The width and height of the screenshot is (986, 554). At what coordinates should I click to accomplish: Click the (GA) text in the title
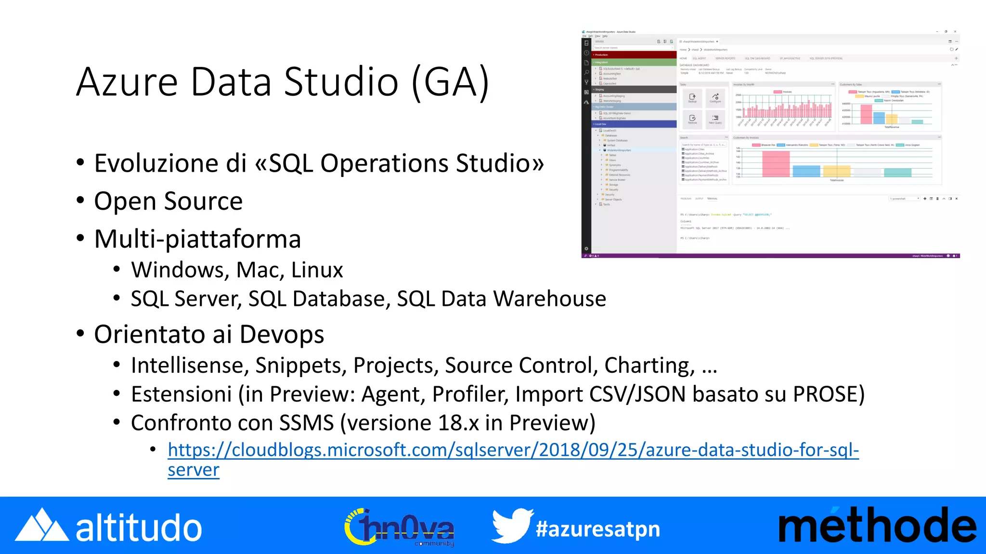(x=451, y=82)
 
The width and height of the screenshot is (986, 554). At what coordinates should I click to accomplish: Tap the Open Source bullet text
(x=168, y=201)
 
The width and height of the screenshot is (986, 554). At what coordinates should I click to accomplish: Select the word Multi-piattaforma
(x=197, y=239)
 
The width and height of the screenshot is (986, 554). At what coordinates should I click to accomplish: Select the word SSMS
(x=307, y=423)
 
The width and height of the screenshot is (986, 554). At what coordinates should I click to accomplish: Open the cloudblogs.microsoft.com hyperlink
(x=513, y=450)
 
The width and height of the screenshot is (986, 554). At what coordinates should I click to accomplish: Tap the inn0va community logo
(x=399, y=528)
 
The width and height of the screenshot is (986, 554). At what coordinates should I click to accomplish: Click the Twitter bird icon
(x=512, y=526)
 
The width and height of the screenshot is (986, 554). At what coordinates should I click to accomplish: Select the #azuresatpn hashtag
(x=597, y=529)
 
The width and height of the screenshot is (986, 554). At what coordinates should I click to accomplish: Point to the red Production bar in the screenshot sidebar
(x=634, y=55)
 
